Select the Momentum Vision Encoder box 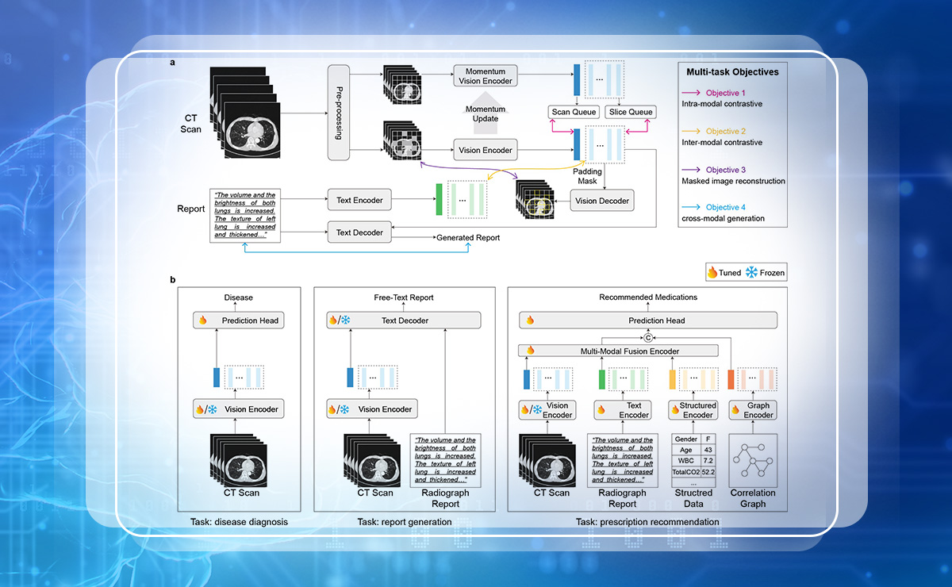[485, 75]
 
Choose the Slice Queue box [630, 112]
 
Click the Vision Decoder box [604, 201]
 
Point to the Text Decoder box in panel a [360, 232]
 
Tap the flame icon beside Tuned [712, 273]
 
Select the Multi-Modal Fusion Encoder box [618, 350]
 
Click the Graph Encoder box [752, 409]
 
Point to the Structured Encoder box [693, 409]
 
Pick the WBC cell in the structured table [686, 460]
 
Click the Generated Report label [468, 238]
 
